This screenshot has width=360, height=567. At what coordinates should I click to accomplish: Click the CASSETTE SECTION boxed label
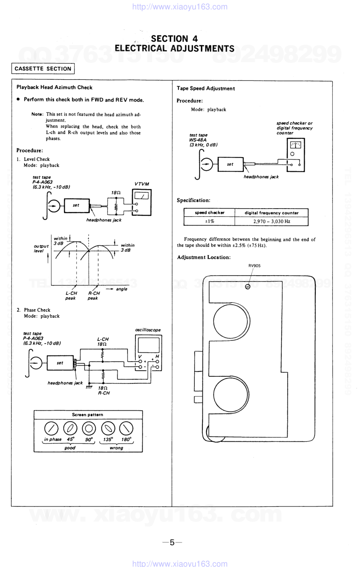tap(43, 69)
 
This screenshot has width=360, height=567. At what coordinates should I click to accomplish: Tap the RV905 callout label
tap(254, 266)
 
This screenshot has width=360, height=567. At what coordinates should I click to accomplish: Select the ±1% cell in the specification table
tap(209, 221)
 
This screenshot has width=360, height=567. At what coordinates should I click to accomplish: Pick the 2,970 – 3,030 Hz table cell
tap(272, 221)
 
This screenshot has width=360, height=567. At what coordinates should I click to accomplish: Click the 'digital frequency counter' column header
tap(272, 213)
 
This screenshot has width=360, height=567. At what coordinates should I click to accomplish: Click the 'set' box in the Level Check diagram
tap(76, 205)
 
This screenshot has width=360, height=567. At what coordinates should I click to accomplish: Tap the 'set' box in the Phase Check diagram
tap(60, 363)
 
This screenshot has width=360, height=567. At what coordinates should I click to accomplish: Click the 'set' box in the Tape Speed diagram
tap(230, 164)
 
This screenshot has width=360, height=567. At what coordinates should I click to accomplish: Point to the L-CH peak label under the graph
tap(71, 295)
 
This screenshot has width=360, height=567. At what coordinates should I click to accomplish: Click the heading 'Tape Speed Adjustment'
tap(206, 88)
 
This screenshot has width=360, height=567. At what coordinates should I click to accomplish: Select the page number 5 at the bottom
tap(172, 542)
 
